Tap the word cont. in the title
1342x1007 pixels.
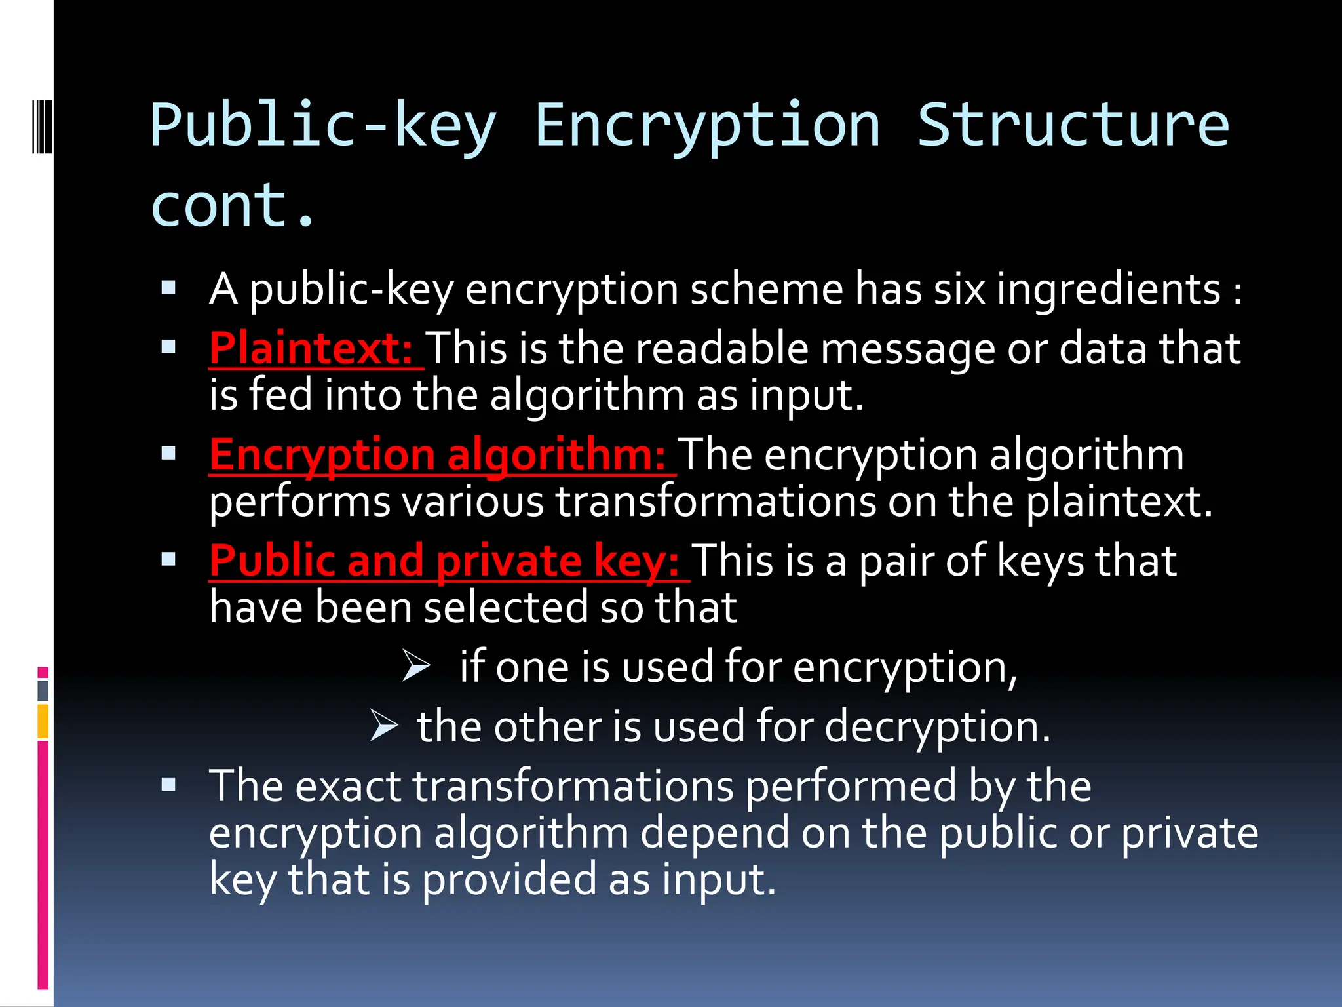pos(233,205)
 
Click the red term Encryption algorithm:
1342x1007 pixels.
pos(438,454)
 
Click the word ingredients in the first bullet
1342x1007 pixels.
pos(1109,289)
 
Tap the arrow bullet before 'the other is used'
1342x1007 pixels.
pos(384,726)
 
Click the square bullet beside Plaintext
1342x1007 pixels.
pos(169,347)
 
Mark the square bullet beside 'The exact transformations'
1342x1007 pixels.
pos(169,784)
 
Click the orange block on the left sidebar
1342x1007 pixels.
pos(43,721)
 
